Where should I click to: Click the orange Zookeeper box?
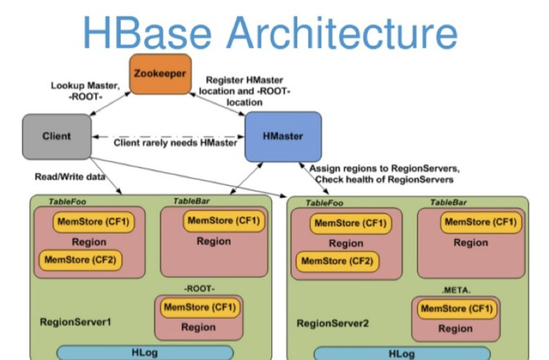pos(160,74)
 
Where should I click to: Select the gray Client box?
pos(57,136)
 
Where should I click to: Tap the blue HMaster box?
pos(283,136)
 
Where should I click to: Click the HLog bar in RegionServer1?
pos(145,353)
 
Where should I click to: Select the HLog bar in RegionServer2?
pos(402,354)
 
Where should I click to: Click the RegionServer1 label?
pos(75,322)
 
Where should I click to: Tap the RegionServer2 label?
pos(332,323)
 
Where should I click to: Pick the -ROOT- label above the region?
pos(199,288)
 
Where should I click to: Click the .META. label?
pos(455,290)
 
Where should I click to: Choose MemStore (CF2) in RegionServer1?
pos(80,260)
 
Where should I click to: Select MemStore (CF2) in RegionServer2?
pos(337,261)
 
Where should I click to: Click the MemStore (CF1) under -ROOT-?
pos(199,307)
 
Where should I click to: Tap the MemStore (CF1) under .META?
pos(456,308)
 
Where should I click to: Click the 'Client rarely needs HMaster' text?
pos(175,143)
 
